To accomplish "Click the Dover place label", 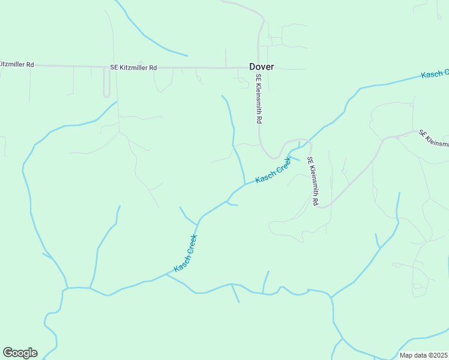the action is (262, 67).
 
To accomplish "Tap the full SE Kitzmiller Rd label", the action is (133, 68).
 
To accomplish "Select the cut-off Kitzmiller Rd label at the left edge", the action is (17, 64).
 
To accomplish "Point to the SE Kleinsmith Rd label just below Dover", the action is (259, 100).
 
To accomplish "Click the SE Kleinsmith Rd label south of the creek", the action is (312, 182).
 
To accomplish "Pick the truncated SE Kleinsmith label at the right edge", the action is (433, 139).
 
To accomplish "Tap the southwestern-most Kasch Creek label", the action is (185, 253).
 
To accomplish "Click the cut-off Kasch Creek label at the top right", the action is (435, 74).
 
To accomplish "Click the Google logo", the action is (20, 353).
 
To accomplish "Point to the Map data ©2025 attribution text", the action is (424, 355).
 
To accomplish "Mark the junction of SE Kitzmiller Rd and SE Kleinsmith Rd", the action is (259, 67).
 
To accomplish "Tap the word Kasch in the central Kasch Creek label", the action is (265, 176).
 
